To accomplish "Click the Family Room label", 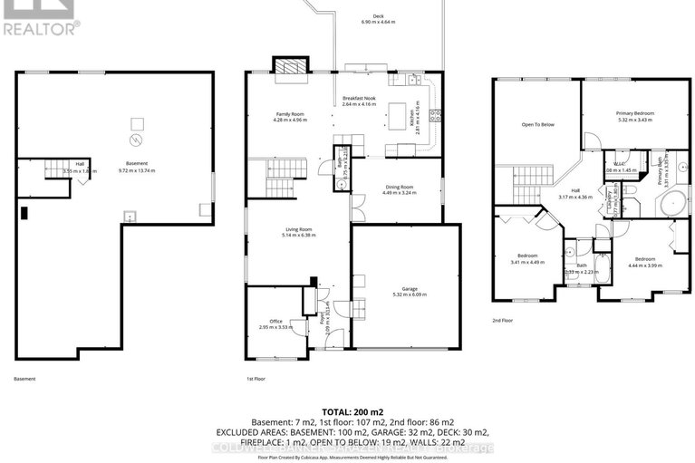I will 290,113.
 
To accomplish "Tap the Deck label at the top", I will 366,14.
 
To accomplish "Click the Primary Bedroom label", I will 635,113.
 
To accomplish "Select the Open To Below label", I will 537,124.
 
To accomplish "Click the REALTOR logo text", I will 41,26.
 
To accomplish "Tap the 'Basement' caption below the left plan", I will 25,379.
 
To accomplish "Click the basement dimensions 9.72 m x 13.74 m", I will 136,169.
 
